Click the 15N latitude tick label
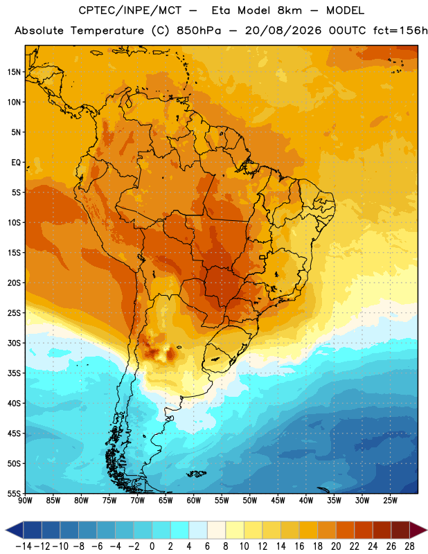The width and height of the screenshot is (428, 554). (14, 72)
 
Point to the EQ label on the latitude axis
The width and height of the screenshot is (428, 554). (16, 163)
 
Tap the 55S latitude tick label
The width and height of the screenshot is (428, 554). (14, 493)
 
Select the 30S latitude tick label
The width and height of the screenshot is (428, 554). (14, 343)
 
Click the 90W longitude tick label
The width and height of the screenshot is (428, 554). (25, 500)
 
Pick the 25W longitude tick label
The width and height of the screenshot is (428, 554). (390, 500)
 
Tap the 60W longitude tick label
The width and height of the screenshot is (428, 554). (194, 500)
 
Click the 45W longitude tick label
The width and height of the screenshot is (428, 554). (278, 500)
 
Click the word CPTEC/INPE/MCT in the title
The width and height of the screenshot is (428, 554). (130, 10)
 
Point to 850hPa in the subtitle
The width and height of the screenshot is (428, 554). (199, 30)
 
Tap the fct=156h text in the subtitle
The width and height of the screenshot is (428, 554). (400, 30)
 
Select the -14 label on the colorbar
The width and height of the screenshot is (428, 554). (24, 546)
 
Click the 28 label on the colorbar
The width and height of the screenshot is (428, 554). (409, 546)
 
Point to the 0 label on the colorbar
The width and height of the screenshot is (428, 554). (152, 546)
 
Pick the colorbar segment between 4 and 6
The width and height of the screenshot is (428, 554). (198, 530)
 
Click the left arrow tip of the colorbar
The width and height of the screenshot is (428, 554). (6, 530)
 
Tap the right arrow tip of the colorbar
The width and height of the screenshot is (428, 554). (427, 530)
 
